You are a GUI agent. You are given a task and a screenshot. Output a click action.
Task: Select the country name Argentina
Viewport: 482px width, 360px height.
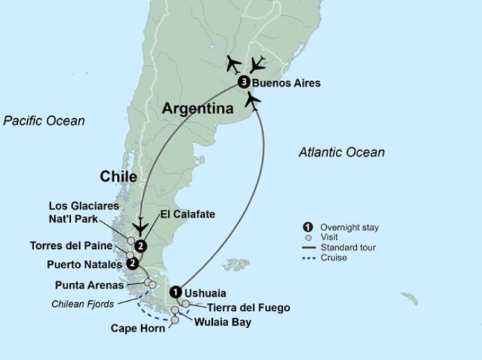click(x=198, y=109)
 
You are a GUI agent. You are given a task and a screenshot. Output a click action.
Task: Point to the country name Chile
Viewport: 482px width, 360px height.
click(x=118, y=177)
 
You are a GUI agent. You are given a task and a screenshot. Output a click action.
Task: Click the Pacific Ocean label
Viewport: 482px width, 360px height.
click(x=44, y=121)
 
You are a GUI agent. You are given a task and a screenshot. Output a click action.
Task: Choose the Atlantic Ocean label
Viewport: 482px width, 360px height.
click(x=342, y=152)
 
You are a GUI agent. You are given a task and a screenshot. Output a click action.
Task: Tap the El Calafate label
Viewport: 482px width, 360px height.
click(x=186, y=215)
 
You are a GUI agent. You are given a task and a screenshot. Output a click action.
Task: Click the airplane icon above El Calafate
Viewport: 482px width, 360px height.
click(x=141, y=227)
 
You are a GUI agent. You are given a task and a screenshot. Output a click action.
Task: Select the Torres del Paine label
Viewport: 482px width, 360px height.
click(x=72, y=245)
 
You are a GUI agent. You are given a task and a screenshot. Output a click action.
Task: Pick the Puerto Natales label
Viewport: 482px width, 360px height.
click(x=85, y=265)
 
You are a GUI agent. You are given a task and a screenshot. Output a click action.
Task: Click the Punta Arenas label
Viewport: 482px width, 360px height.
click(x=88, y=285)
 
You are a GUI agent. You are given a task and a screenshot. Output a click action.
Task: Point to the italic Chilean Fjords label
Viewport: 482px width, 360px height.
click(x=83, y=304)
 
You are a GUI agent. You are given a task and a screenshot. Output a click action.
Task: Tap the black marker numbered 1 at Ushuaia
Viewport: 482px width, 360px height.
click(x=176, y=293)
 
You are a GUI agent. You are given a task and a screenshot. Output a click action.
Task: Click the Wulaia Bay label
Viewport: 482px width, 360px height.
click(x=223, y=322)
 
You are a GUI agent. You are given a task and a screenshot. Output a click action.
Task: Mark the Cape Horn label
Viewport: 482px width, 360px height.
click(x=138, y=328)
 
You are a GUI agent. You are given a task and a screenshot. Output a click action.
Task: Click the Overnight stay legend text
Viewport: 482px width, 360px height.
click(x=349, y=227)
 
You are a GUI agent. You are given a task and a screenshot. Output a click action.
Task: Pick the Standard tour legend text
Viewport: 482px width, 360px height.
click(x=348, y=247)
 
